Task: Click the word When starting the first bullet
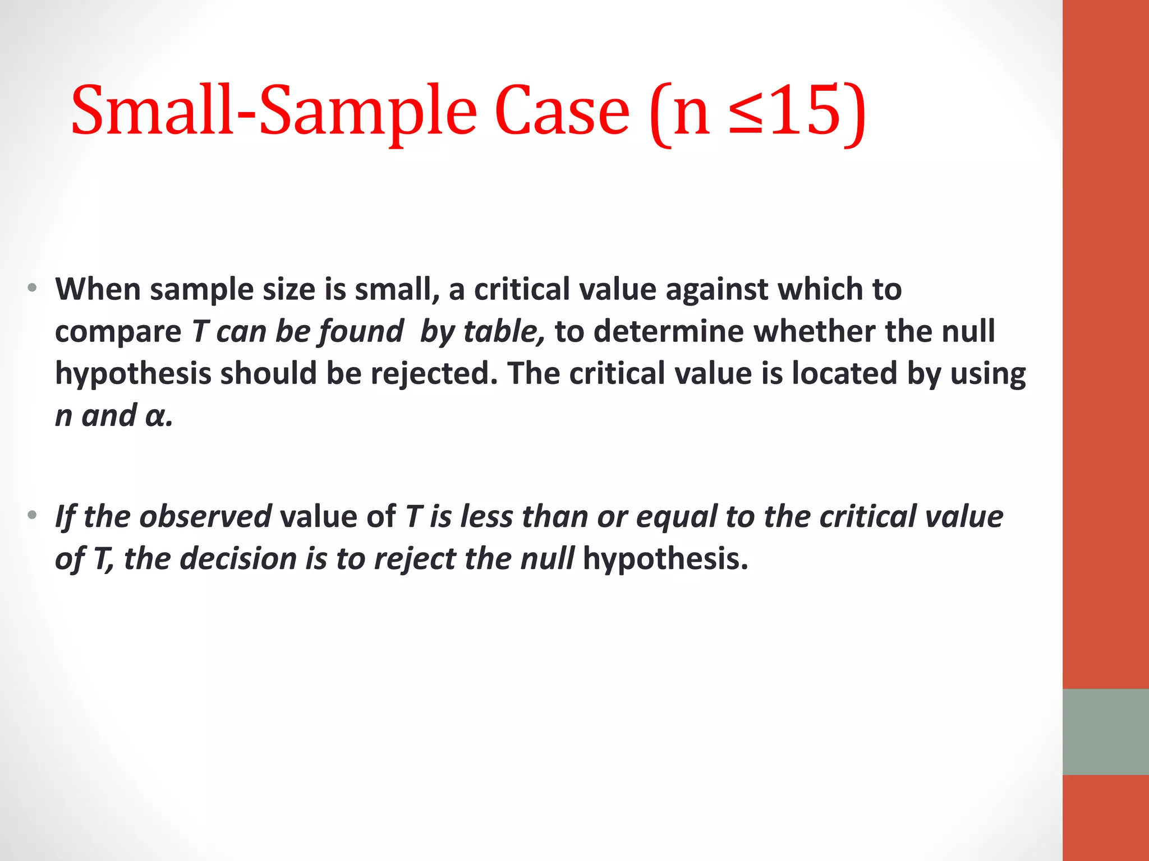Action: [x=98, y=289]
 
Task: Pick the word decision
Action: [x=238, y=559]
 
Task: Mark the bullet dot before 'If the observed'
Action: [x=33, y=515]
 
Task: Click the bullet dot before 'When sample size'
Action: [x=33, y=288]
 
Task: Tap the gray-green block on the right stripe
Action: [x=1105, y=732]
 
